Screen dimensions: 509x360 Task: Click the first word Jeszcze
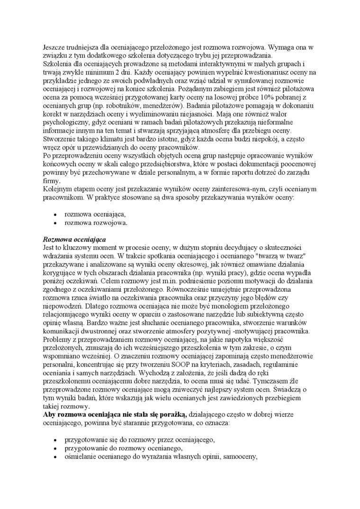click(x=54, y=48)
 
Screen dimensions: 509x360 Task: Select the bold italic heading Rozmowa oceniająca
click(x=74, y=240)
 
